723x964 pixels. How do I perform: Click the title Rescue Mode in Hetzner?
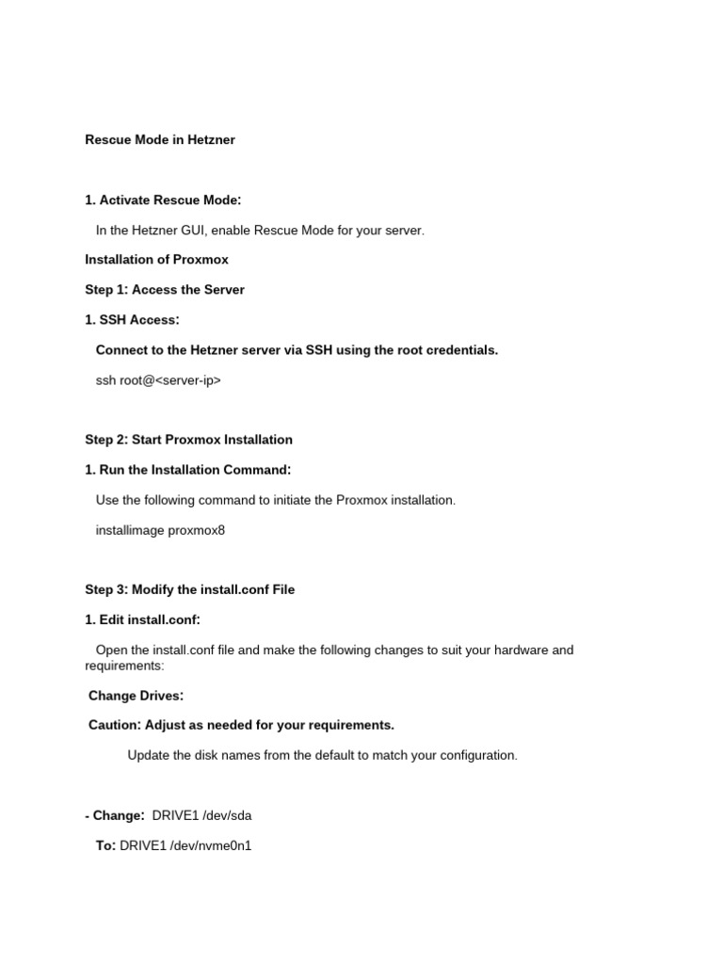pos(160,140)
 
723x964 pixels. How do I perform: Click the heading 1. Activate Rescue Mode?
pos(163,201)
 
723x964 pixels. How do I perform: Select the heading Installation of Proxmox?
pos(156,260)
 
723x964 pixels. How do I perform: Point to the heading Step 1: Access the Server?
pos(165,290)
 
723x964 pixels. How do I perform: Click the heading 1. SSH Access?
pos(132,320)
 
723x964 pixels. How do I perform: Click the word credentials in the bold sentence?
pos(459,350)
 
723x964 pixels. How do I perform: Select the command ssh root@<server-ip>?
pos(158,380)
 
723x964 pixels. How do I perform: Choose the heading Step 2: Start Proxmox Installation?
pos(188,440)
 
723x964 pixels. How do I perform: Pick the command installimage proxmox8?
pos(160,530)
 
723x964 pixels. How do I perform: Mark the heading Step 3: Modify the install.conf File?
pos(189,590)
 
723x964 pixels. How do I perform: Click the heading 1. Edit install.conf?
pos(142,620)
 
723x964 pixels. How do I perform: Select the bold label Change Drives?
pos(136,696)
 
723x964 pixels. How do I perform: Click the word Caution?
pos(113,726)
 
